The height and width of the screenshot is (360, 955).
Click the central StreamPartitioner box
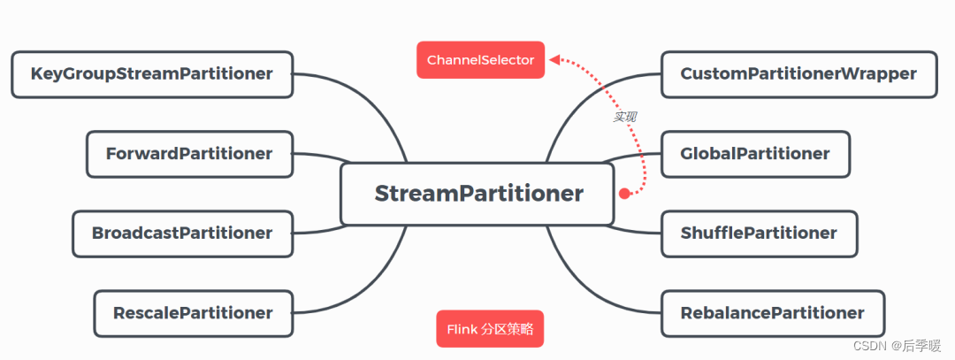pos(477,194)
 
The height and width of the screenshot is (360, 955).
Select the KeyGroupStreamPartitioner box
pos(151,74)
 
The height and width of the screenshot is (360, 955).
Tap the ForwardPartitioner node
pos(188,154)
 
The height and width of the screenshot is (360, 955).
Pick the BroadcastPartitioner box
pos(182,234)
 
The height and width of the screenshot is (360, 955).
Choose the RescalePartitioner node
pos(193,313)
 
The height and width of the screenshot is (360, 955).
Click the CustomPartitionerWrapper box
pos(798,74)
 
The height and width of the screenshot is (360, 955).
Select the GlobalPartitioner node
pos(754,154)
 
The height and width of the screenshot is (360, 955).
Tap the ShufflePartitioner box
pos(759,234)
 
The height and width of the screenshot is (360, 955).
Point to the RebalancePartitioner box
pos(772,313)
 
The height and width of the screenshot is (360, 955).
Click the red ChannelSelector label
pos(480,60)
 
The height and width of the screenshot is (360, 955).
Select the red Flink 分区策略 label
pos(490,329)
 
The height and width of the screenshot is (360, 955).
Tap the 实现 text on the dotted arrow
pos(625,117)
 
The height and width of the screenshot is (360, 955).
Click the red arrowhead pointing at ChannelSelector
pos(554,60)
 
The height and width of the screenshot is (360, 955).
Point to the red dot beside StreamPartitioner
pos(624,193)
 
